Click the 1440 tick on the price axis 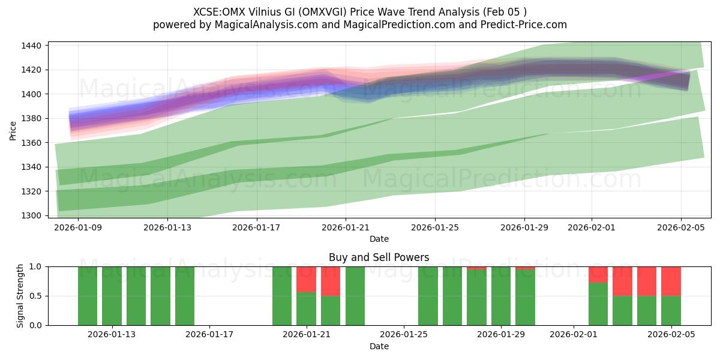point(32,46)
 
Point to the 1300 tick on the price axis point(32,215)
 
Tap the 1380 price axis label point(32,118)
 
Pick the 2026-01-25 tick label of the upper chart point(435,227)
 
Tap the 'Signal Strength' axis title point(20,296)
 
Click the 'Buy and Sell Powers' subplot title point(379,257)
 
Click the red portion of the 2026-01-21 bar point(306,279)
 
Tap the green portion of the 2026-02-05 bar point(671,310)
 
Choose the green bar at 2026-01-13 point(112,296)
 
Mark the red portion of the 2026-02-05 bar point(671,281)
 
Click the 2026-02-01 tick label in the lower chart point(574,334)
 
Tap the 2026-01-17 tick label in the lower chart point(209,334)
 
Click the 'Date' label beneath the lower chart point(379,346)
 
